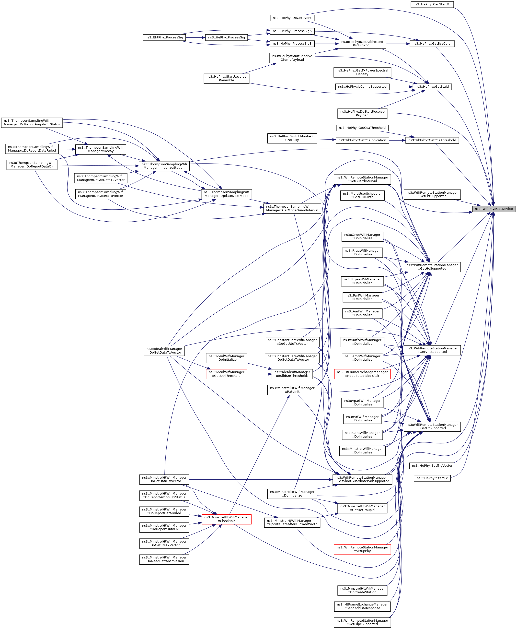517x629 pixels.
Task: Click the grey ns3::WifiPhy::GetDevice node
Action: point(494,209)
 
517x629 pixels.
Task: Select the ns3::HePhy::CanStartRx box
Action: point(432,4)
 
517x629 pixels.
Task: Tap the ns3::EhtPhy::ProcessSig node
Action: point(164,37)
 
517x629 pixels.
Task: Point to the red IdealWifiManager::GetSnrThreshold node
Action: point(226,374)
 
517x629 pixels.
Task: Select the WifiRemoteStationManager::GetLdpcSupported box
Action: point(362,622)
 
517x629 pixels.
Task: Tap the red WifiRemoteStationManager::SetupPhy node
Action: point(362,549)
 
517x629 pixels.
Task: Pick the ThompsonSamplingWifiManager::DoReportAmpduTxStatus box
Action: point(32,122)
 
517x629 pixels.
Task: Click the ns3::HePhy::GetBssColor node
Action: point(432,44)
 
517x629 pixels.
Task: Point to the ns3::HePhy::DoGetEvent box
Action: point(292,18)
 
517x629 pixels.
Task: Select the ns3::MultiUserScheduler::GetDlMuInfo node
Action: point(362,195)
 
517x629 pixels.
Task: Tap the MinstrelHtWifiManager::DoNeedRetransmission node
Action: point(164,559)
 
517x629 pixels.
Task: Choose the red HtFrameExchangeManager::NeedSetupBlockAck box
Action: point(362,374)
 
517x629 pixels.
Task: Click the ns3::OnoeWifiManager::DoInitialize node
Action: point(362,237)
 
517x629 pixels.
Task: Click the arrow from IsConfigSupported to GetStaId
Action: point(401,87)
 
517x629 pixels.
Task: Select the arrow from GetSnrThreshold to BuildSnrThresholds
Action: point(259,374)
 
